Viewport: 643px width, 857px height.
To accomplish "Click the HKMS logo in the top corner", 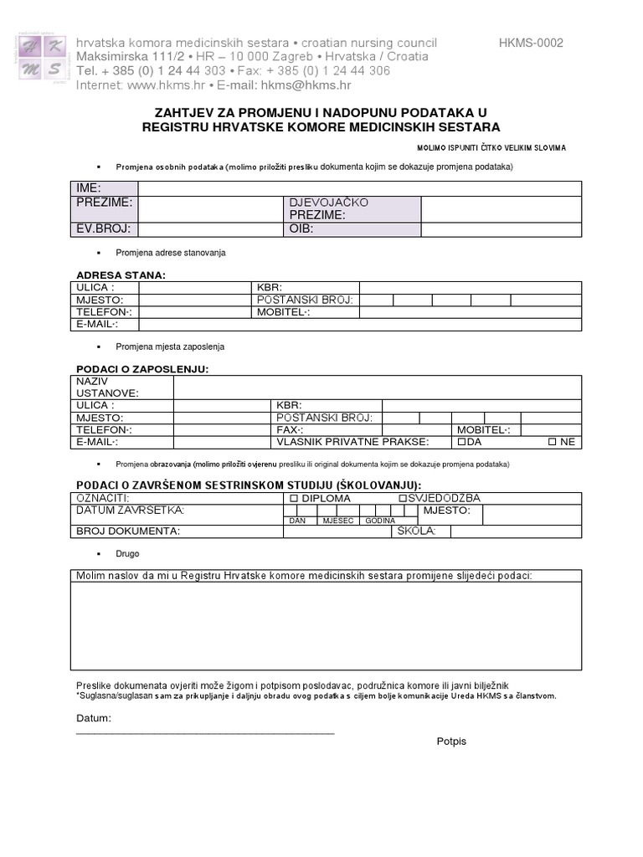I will tap(42, 58).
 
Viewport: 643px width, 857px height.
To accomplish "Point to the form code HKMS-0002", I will tap(531, 43).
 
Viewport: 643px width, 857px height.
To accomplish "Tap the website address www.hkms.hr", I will tap(166, 85).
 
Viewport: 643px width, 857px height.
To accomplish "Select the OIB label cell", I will tap(301, 229).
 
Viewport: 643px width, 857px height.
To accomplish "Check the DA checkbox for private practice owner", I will tap(460, 442).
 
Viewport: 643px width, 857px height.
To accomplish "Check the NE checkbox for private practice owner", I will tap(553, 442).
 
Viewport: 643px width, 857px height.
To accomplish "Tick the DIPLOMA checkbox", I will tap(293, 498).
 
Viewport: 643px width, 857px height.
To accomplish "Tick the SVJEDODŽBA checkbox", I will tap(402, 498).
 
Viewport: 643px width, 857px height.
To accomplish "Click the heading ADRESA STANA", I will tap(121, 275).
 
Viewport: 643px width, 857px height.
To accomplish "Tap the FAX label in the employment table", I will tap(290, 429).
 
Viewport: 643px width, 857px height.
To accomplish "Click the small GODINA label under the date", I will tap(379, 521).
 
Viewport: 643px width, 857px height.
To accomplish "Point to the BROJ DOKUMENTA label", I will tap(128, 531).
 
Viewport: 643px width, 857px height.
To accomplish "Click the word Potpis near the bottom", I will tap(451, 742).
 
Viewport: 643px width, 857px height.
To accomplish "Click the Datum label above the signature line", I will tap(93, 718).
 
